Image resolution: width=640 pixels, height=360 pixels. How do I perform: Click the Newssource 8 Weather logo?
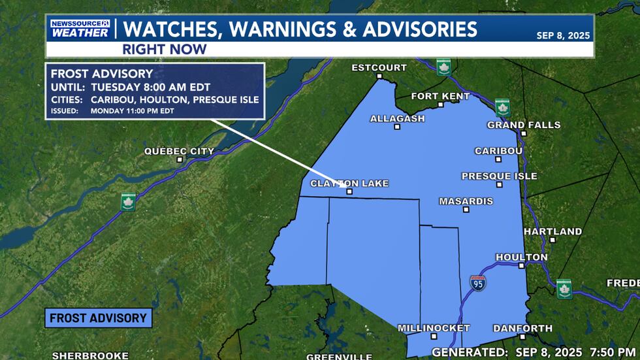pos(80,29)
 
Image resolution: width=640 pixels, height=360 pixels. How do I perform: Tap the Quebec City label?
pos(179,152)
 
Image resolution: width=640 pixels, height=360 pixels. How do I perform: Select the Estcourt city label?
pos(379,68)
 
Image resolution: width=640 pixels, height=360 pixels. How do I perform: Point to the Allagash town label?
pos(397,119)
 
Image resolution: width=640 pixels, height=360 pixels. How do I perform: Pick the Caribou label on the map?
pos(498,151)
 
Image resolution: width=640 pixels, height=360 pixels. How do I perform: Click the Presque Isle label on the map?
pos(499,176)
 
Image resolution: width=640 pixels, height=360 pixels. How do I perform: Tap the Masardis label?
pos(466,201)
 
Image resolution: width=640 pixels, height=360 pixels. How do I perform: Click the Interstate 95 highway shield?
pos(477,283)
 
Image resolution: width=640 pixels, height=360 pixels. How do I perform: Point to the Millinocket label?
pos(434,328)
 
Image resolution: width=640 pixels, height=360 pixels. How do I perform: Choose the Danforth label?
pos(522,328)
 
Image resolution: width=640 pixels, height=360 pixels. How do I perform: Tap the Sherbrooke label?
pos(89,355)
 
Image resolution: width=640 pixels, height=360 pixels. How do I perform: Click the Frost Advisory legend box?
pos(99,318)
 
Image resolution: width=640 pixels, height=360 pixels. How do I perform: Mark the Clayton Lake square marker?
pos(349,192)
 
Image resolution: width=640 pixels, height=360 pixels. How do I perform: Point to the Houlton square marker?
pos(521,266)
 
